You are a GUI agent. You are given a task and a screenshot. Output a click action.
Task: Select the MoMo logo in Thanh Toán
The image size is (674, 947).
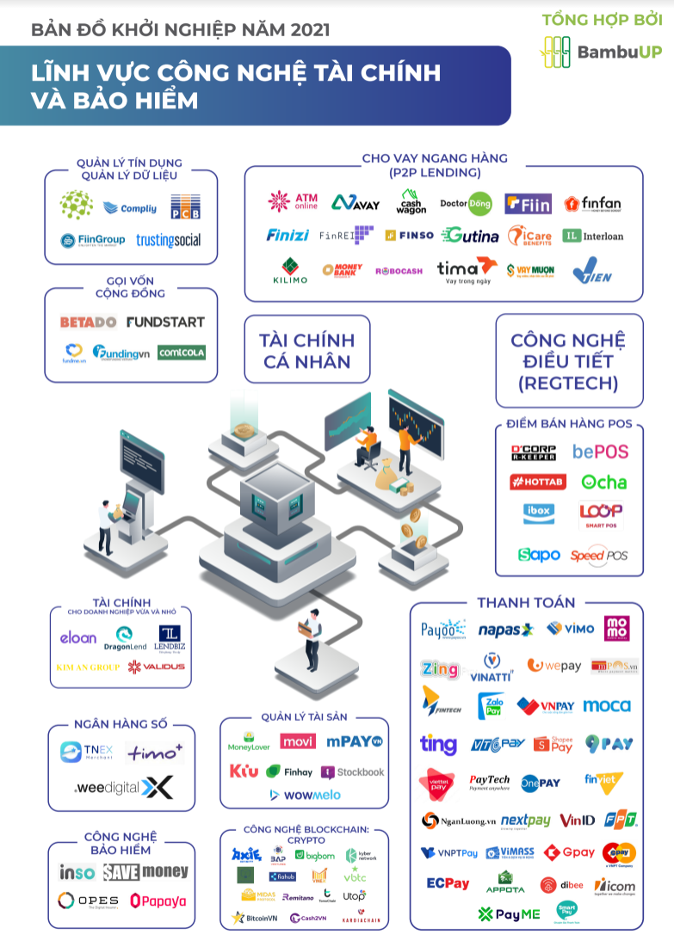[617, 628]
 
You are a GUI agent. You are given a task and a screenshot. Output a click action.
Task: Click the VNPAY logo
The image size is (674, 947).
[546, 706]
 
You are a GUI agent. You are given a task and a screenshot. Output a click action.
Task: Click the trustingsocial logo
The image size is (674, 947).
[168, 241]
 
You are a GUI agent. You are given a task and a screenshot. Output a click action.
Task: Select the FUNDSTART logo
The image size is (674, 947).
[165, 323]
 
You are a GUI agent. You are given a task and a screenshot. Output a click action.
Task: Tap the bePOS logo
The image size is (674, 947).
[600, 452]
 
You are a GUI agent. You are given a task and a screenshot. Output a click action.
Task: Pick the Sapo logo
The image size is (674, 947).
[539, 555]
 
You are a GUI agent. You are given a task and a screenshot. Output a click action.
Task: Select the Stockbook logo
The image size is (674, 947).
[353, 772]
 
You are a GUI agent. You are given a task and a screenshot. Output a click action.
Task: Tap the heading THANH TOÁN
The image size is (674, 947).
[526, 603]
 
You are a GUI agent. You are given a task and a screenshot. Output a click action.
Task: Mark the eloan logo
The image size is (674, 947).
[78, 637]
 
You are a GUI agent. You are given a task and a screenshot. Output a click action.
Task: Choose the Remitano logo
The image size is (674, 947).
[298, 897]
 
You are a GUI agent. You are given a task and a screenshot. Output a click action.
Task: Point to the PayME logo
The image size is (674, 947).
[509, 913]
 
